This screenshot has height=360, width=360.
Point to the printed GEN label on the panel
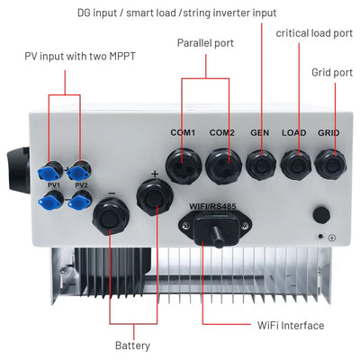tap(259, 133)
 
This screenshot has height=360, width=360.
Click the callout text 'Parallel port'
tap(205, 42)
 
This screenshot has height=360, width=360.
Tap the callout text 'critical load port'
tap(314, 33)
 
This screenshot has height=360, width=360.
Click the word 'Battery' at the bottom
tap(132, 346)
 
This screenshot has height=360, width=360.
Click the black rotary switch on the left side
tap(14, 161)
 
